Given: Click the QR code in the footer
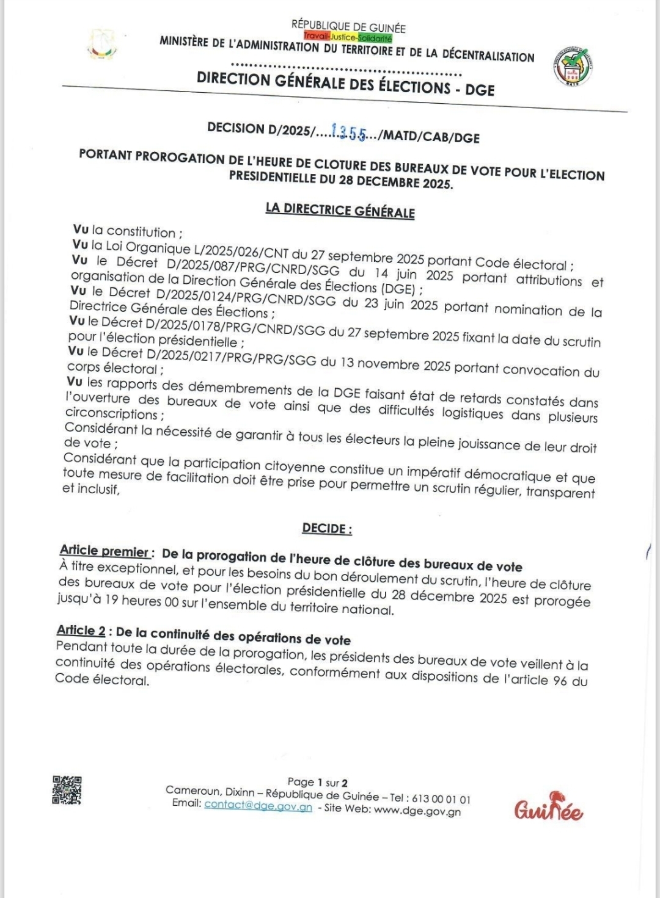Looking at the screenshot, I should click(67, 790).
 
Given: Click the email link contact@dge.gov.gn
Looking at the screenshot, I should click(258, 806).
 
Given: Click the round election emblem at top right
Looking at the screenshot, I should click(573, 67).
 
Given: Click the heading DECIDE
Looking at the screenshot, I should click(327, 529).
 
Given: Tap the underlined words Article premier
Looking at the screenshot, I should click(105, 551).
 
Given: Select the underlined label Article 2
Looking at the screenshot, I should click(81, 631).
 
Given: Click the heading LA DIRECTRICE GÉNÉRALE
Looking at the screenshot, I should click(340, 210).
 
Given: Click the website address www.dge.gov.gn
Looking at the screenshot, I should click(417, 811).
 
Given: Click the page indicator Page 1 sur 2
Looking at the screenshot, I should click(318, 783).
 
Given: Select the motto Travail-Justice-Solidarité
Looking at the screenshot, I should click(348, 38).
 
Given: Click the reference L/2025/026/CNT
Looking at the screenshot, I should click(241, 250).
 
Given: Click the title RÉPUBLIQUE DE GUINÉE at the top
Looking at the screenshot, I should click(348, 27).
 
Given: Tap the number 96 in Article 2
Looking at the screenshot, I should click(560, 679).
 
